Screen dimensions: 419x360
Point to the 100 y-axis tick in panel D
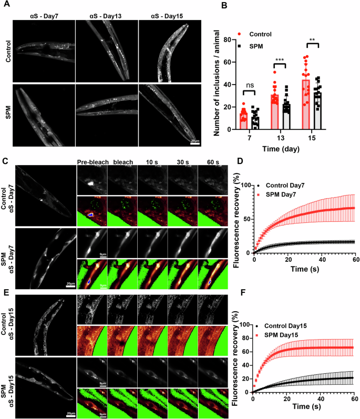[246, 185]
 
